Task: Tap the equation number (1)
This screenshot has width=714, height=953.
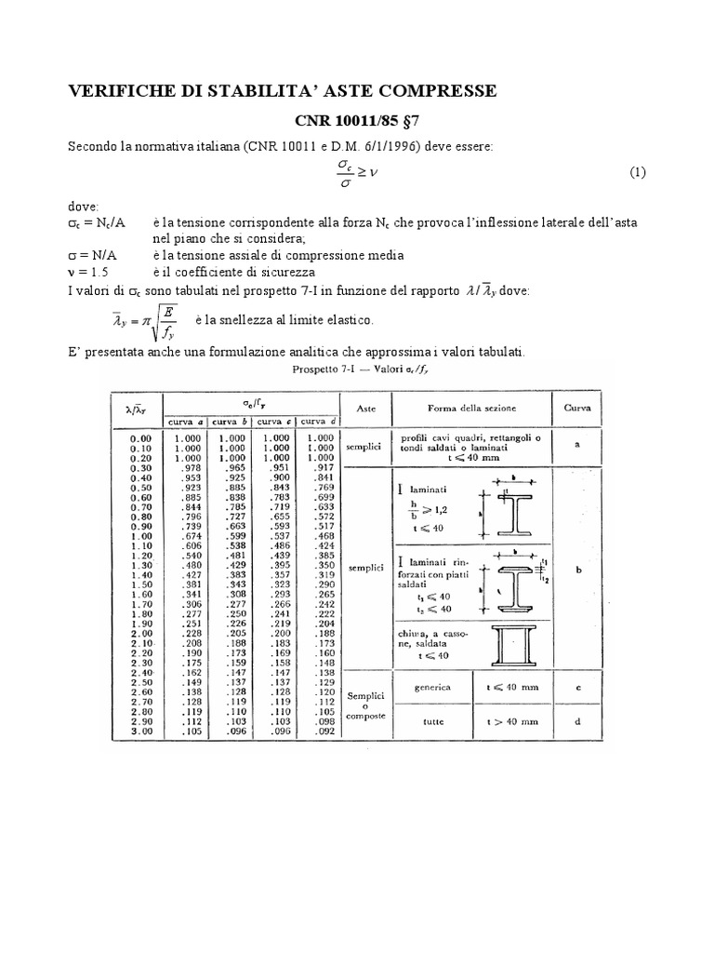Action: (637, 172)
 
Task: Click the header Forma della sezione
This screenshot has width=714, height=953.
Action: (472, 408)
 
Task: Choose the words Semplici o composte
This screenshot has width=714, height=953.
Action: (364, 705)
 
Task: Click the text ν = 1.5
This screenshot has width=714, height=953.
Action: (89, 272)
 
